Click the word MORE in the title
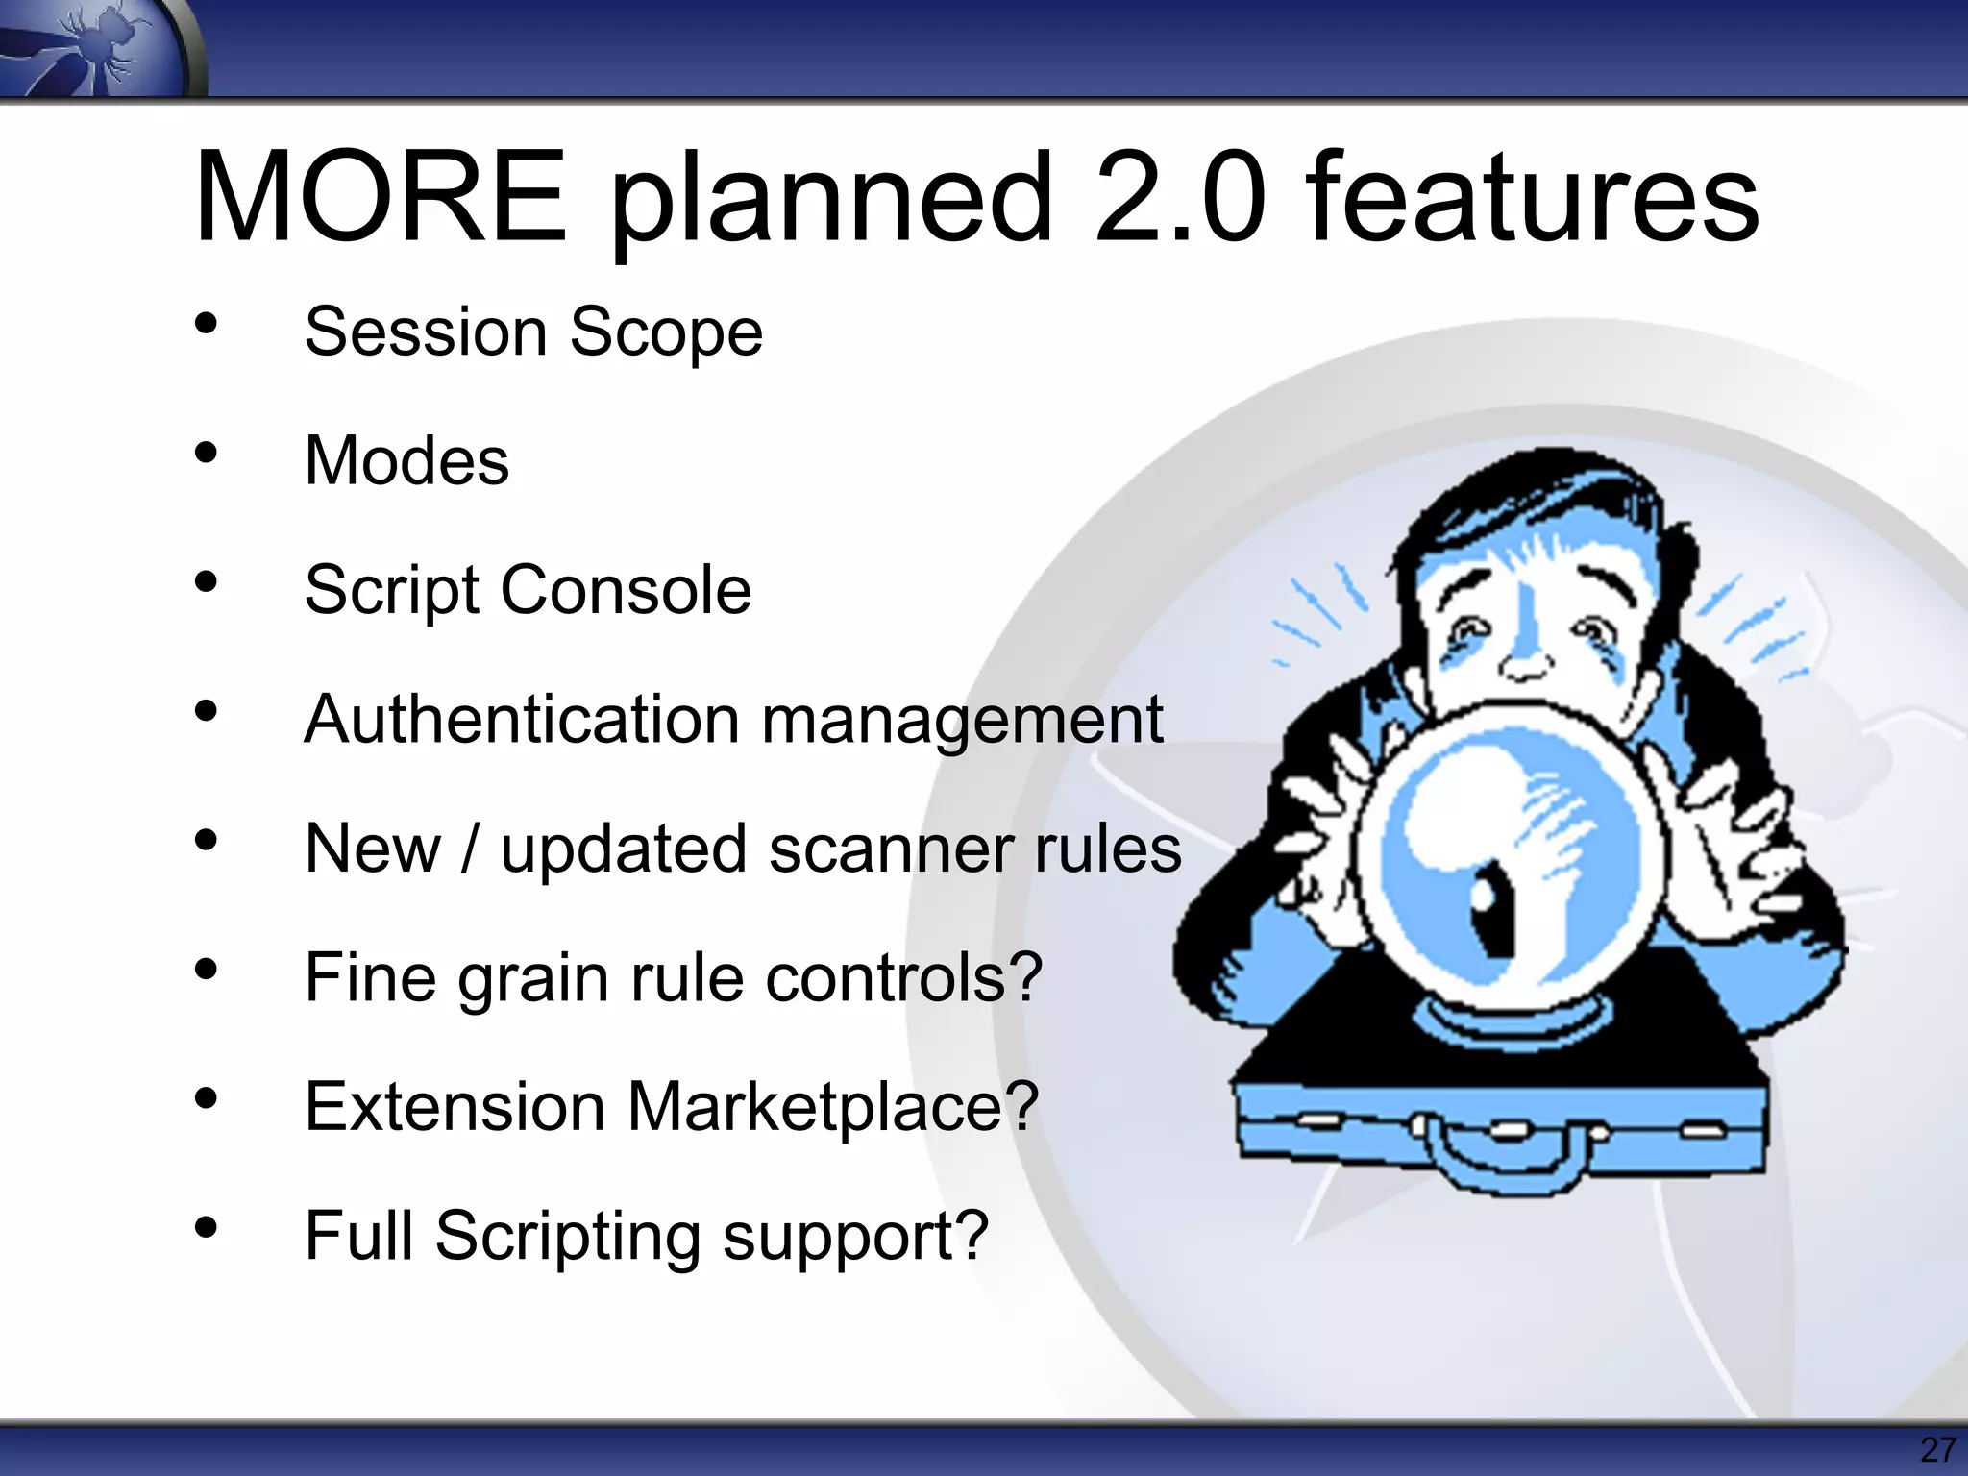pos(381,197)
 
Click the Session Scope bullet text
pos(533,332)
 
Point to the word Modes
pos(406,461)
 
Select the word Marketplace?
pos(832,1107)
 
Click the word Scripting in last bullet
pos(568,1237)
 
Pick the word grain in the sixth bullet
pos(534,979)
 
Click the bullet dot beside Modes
pos(206,454)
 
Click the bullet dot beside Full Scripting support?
pos(206,1228)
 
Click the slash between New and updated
pos(470,849)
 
